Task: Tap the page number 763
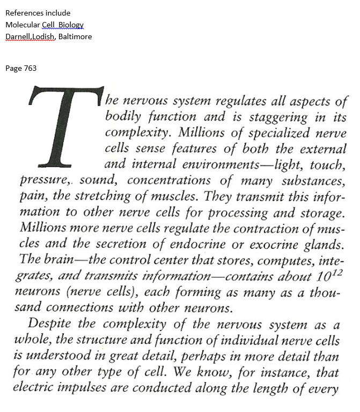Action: tap(30, 68)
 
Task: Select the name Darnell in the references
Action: tap(18, 36)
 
